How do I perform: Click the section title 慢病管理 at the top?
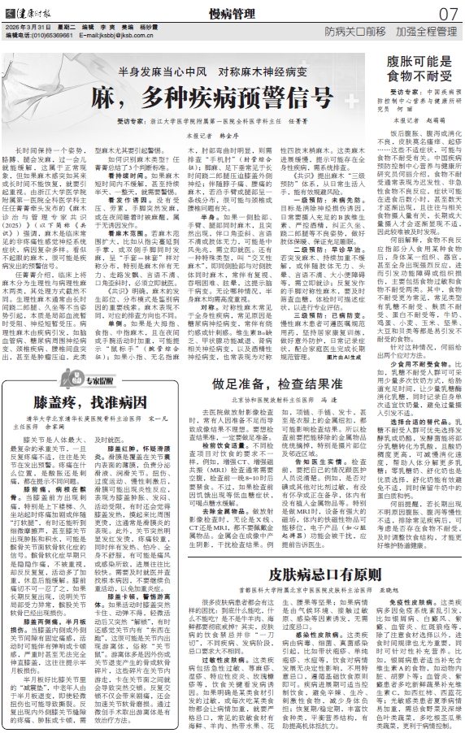234,12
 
